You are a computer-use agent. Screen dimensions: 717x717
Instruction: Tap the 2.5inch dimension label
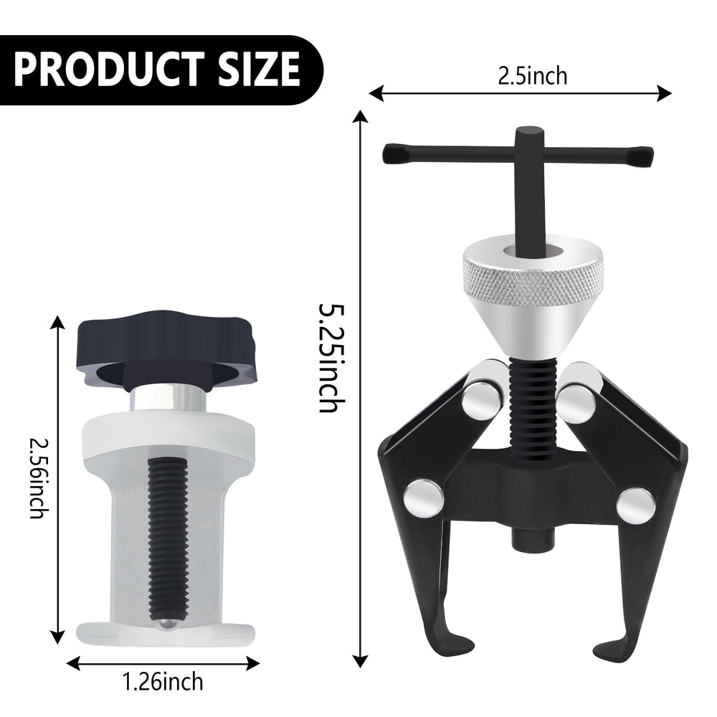tap(532, 76)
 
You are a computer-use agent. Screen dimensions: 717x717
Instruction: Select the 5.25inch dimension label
tap(331, 357)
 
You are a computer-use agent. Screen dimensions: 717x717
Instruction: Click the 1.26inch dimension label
tap(163, 682)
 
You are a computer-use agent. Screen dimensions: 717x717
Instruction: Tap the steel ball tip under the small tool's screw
tap(168, 625)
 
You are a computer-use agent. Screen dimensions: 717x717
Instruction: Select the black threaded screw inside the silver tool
tap(168, 537)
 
